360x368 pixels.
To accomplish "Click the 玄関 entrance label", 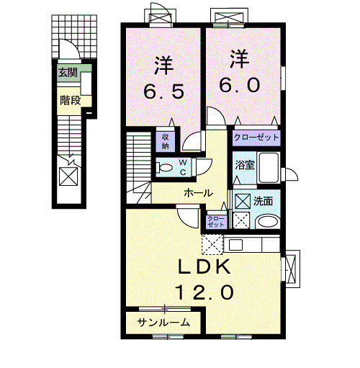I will coord(68,71).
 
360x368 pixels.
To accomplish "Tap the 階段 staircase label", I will coord(70,100).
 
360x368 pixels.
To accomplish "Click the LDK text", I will coord(206,267).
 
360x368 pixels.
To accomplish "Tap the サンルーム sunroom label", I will coord(164,323).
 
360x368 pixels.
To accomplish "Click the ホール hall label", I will coord(197,193).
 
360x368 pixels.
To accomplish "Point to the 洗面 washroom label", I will coord(263,201).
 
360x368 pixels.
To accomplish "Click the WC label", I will coord(183,167).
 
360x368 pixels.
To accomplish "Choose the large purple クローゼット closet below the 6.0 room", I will coord(256,136).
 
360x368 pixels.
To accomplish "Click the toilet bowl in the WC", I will coord(165,168).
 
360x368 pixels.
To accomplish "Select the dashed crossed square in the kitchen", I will coord(212,246).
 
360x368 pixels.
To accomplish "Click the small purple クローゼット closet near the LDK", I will coord(215,222).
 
